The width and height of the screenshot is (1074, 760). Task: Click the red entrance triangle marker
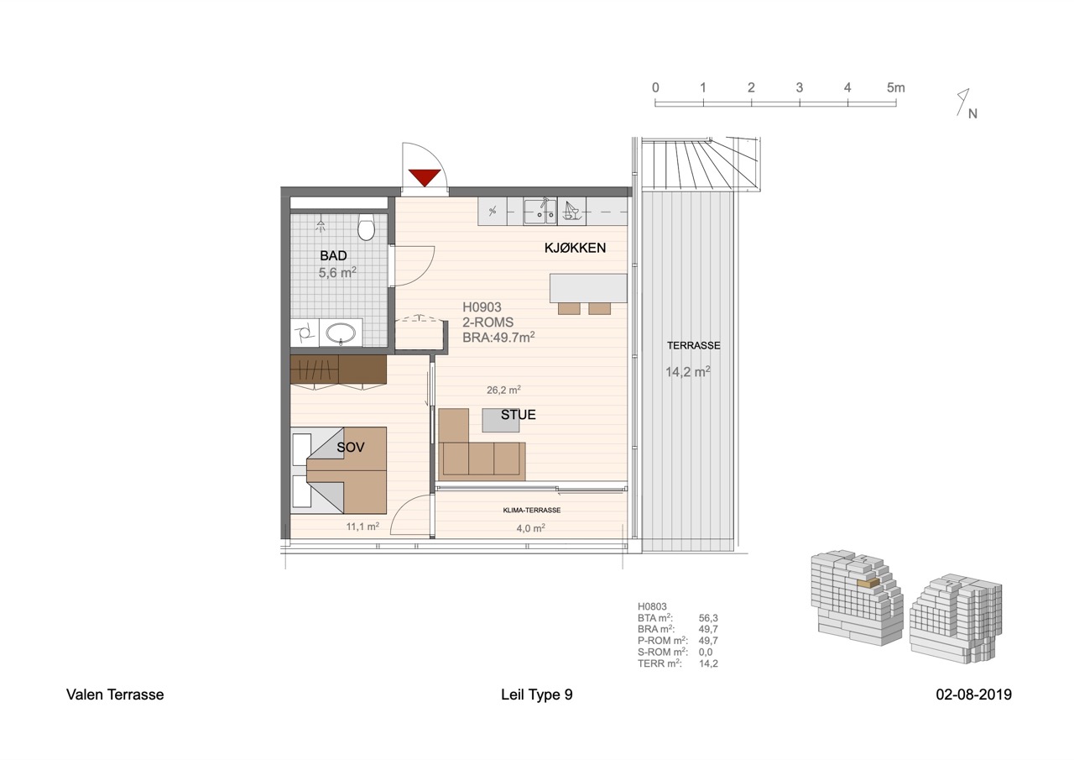[x=425, y=177]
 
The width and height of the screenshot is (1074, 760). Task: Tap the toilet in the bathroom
[x=366, y=227]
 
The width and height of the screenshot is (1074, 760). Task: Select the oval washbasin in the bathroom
[x=341, y=332]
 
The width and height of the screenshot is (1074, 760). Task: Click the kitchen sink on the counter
[x=540, y=212]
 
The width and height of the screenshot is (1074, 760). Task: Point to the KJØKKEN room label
[x=575, y=248]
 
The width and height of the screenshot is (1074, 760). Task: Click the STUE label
[x=519, y=415]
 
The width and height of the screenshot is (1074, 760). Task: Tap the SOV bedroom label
[x=351, y=447]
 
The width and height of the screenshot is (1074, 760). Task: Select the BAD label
[x=333, y=256]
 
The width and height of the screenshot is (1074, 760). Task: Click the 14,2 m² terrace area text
[x=688, y=371]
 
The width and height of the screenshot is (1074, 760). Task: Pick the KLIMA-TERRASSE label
[x=532, y=510]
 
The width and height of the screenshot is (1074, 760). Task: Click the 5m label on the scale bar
[x=895, y=88]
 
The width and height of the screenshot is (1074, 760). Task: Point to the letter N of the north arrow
[x=972, y=113]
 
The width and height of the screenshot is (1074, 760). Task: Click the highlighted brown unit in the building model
[x=868, y=583]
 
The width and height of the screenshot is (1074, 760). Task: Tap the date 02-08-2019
[x=974, y=694]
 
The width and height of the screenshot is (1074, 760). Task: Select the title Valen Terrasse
[x=115, y=694]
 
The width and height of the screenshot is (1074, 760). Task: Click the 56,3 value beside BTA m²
[x=708, y=618]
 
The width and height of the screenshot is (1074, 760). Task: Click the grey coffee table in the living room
[x=501, y=420]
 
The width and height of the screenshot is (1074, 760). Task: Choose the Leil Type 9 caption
[x=536, y=694]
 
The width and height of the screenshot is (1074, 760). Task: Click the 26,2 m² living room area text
[x=504, y=390]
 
